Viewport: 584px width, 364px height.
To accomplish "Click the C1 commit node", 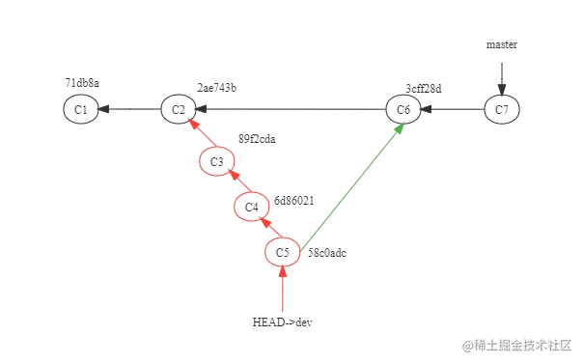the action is [81, 109].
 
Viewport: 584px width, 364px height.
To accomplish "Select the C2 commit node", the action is [179, 109].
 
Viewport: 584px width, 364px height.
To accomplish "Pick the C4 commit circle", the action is [251, 206].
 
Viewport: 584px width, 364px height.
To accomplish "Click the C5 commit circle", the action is [282, 252].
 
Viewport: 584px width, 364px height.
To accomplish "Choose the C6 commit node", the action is [403, 109].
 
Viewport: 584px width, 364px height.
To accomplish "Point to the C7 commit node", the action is [501, 109].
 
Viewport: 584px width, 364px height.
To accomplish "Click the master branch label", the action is [502, 44].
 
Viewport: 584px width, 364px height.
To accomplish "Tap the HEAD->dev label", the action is [282, 322].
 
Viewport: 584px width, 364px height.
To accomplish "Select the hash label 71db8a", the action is [82, 83].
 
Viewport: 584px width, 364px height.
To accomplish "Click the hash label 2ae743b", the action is [216, 88].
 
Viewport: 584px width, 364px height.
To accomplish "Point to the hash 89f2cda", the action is [257, 139].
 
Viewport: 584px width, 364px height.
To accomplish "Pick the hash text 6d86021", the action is [293, 201].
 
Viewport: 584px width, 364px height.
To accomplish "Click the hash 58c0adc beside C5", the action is [326, 253].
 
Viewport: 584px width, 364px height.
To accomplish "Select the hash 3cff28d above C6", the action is [423, 88].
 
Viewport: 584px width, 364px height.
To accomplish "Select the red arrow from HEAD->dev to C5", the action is [282, 290].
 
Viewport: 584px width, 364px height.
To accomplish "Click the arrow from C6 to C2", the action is [290, 109].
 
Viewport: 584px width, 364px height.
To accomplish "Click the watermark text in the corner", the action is [516, 344].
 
